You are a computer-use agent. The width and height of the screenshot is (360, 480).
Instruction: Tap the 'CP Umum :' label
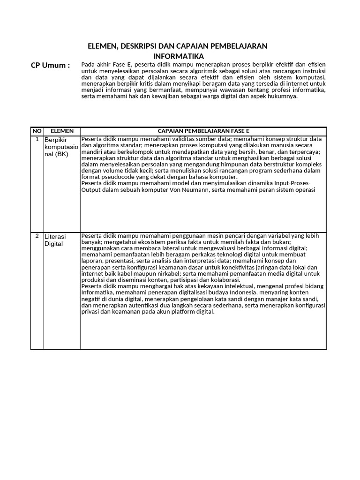tap(50, 65)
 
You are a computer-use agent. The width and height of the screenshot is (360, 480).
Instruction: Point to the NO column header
tap(37, 131)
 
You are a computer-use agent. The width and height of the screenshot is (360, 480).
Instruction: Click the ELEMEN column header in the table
tap(62, 131)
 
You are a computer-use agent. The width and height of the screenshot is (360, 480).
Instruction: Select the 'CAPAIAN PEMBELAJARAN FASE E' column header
tap(203, 131)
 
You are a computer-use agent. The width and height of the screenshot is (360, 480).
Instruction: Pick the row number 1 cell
tap(37, 139)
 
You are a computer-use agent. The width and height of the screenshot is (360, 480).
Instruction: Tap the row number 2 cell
tap(37, 236)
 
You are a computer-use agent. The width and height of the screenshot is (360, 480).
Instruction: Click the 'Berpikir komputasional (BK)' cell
tap(62, 147)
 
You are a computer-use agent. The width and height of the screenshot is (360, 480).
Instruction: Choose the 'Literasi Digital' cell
tap(56, 240)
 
